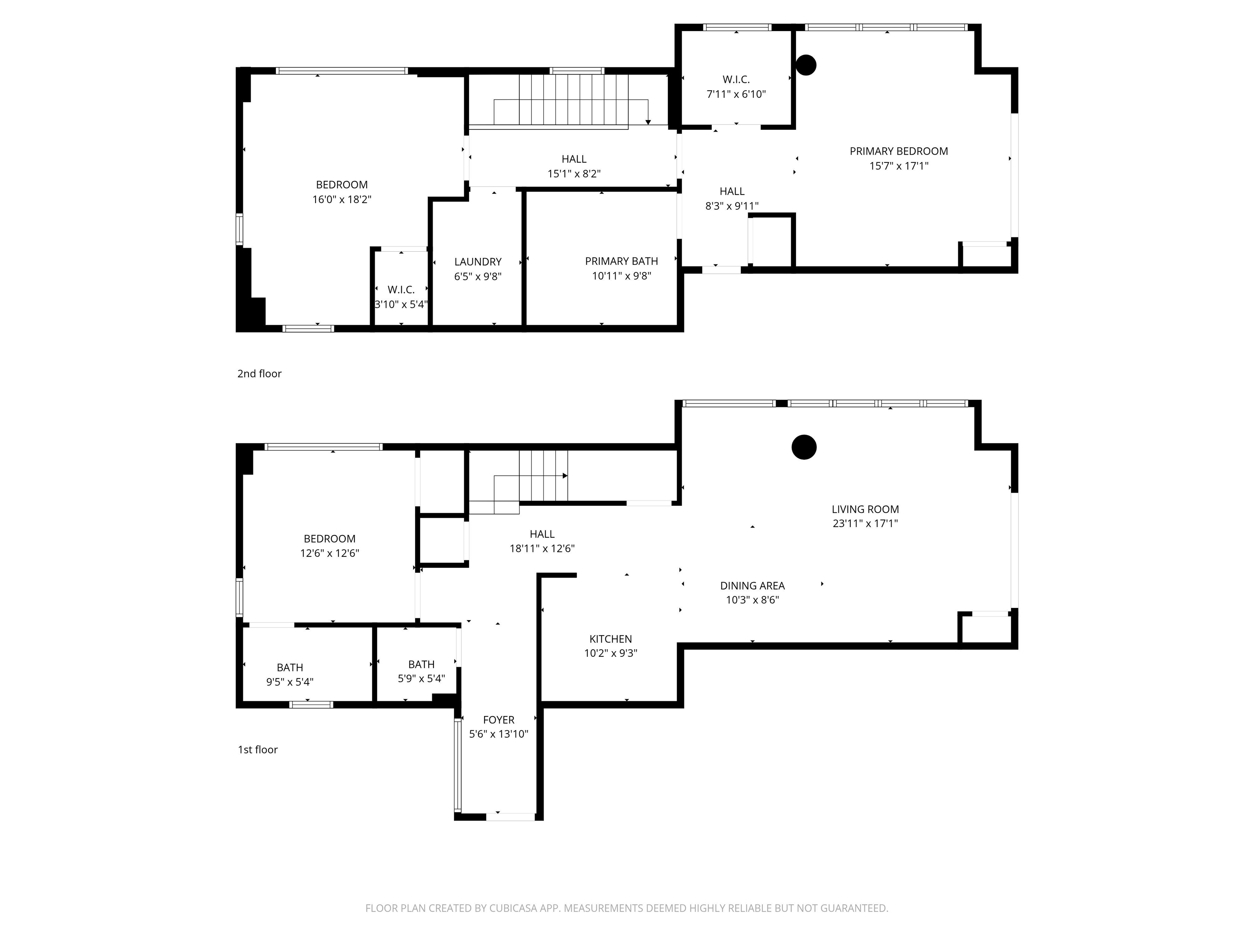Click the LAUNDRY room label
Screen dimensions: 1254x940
tap(478, 262)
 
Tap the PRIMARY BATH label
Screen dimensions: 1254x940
tap(621, 261)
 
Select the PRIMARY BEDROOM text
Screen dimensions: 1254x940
tap(898, 151)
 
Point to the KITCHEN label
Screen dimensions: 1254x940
tap(611, 638)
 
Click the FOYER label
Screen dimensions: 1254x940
tap(499, 720)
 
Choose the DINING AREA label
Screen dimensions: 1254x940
tap(752, 586)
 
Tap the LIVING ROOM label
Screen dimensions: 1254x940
tap(865, 510)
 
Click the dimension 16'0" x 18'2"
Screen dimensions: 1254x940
tap(342, 200)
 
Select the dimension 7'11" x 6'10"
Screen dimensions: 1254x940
tap(736, 95)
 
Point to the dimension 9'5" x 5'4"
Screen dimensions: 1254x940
tap(290, 682)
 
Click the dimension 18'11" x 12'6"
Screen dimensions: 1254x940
tap(542, 548)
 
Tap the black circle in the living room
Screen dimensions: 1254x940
tap(804, 447)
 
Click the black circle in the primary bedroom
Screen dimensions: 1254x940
tap(805, 64)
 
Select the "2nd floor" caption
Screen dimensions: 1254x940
tap(259, 373)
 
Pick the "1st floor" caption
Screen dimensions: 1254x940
tap(258, 749)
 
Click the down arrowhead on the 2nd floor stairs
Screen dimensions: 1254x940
tap(648, 122)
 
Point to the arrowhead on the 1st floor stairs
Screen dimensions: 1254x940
tap(565, 476)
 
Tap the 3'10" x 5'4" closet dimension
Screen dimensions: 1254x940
tap(401, 304)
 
